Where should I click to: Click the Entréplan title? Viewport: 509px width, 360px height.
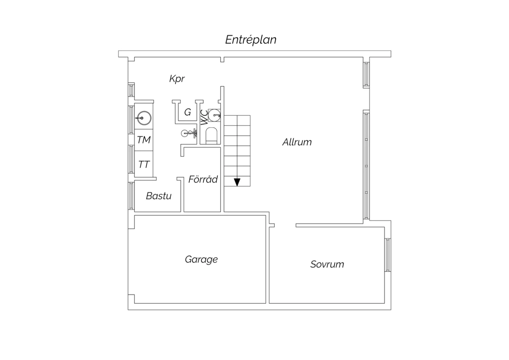(251, 40)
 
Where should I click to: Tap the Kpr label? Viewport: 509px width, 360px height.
(177, 79)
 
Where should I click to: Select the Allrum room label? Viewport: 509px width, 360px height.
(297, 142)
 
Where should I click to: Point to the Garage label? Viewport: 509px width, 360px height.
(201, 259)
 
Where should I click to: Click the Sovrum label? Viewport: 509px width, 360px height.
(327, 264)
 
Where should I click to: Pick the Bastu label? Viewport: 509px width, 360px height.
(158, 196)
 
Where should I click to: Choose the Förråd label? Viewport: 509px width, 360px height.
(203, 179)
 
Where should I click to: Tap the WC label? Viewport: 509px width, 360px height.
(204, 118)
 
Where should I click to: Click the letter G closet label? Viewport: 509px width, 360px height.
(187, 112)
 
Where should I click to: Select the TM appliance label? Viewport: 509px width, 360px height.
(144, 140)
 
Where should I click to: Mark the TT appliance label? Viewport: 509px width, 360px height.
(144, 164)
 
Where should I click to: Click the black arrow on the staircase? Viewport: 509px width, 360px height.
(237, 182)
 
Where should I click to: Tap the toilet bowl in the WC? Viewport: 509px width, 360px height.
(211, 136)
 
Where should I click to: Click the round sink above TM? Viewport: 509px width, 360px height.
(144, 118)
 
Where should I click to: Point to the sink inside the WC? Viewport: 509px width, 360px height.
(214, 115)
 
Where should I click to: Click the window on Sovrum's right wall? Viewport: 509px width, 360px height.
(388, 255)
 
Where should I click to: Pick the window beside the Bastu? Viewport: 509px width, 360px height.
(131, 196)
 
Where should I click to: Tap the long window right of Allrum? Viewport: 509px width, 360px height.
(366, 165)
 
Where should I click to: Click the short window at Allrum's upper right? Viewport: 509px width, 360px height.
(366, 75)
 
